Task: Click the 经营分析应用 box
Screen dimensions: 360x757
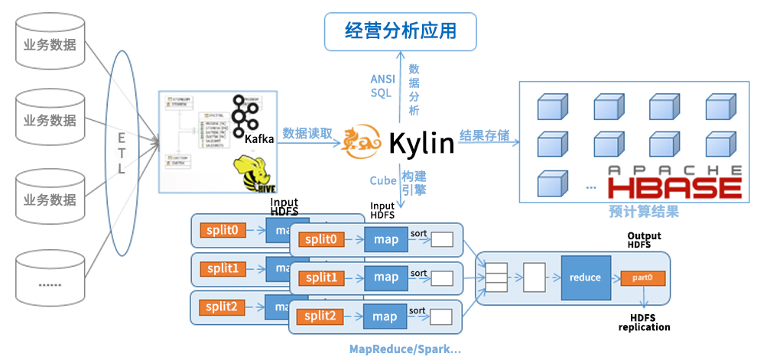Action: click(x=401, y=31)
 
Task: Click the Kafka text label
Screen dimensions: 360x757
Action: click(x=259, y=138)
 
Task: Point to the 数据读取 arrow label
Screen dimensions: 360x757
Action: click(x=308, y=132)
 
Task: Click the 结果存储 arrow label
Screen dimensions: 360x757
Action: click(x=484, y=135)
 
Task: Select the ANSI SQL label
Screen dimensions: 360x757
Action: click(x=382, y=86)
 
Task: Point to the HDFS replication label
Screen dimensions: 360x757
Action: click(x=644, y=322)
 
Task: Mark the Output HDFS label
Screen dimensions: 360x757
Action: click(x=644, y=240)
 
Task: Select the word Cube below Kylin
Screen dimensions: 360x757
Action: click(x=382, y=181)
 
